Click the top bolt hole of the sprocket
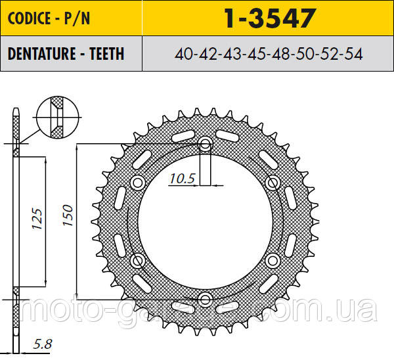coord(206,143)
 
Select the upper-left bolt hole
coord(138,182)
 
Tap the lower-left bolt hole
coord(138,261)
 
